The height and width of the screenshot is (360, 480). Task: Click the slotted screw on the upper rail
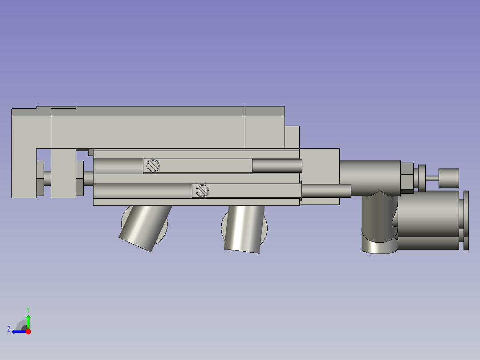click(x=153, y=166)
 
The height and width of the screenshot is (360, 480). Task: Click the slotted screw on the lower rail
click(x=202, y=191)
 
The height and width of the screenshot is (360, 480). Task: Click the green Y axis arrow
click(x=28, y=320)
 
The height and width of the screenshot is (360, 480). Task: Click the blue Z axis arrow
click(x=19, y=331)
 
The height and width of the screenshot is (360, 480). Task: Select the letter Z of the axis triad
click(x=9, y=329)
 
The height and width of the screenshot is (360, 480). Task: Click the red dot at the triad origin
click(x=28, y=331)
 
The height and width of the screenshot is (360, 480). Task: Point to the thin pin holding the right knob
click(x=432, y=178)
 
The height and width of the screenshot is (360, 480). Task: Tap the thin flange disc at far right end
click(x=466, y=220)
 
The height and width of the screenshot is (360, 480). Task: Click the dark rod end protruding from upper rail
click(x=277, y=166)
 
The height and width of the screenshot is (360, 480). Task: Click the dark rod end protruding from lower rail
click(x=326, y=191)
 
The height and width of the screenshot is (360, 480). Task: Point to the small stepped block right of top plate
click(x=292, y=137)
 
